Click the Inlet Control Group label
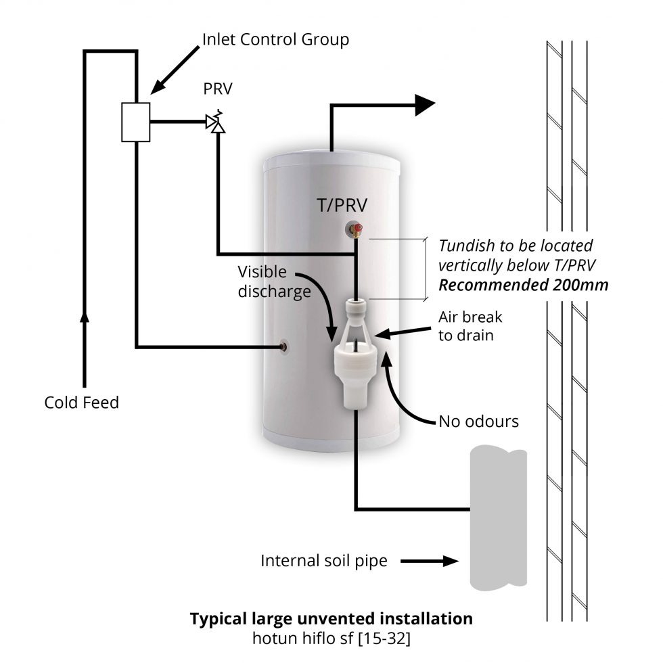276,39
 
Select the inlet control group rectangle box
135,122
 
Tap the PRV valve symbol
216,122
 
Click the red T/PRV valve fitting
357,230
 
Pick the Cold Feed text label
81,403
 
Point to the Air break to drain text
470,326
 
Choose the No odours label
478,421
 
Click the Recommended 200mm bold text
523,285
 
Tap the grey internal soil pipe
498,518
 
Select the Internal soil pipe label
324,561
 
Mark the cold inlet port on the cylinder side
281,348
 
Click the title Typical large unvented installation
331,618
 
